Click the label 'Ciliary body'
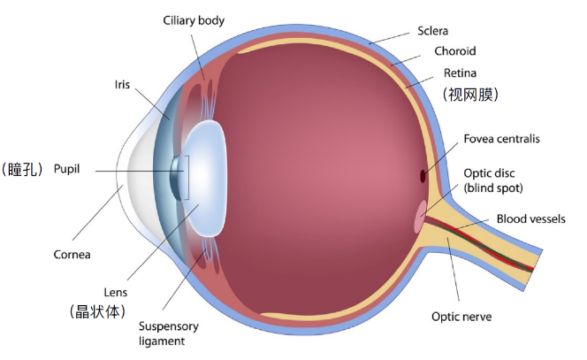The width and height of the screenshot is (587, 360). point(194,20)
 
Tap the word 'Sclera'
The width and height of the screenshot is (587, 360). point(433,31)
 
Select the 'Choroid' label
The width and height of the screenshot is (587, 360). point(455,51)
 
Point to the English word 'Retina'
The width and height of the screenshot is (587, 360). point(460,73)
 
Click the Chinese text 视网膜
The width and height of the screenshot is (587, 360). point(470,95)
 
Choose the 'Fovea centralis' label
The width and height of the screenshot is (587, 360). point(501,139)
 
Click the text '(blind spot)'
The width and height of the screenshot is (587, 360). point(493,188)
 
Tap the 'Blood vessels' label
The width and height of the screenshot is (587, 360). point(530,218)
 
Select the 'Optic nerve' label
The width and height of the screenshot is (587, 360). point(461,317)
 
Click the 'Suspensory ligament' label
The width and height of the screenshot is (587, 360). point(169,333)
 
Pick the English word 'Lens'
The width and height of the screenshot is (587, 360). point(115,292)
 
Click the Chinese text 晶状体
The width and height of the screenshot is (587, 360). point(98,311)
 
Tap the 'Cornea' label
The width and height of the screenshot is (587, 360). point(72,255)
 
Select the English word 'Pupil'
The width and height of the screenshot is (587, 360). point(66,169)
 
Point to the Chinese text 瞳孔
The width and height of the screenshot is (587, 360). point(22,169)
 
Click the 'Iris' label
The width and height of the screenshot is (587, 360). point(122,85)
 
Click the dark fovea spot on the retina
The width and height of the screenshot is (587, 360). point(423,176)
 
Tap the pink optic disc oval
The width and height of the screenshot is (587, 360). point(420,216)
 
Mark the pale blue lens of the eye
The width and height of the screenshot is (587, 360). point(205,179)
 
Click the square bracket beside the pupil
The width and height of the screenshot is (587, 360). point(187,178)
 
